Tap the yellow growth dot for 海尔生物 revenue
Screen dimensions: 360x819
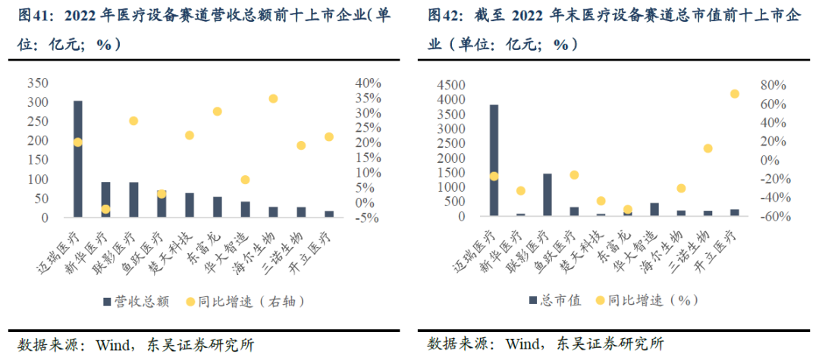pyautogui.click(x=273, y=99)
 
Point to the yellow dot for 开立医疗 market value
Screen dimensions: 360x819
pyautogui.click(x=734, y=93)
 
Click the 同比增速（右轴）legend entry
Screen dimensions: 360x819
pyautogui.click(x=243, y=301)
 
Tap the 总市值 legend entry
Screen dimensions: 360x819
pyautogui.click(x=558, y=301)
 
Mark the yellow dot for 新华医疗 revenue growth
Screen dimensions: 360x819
pyautogui.click(x=105, y=209)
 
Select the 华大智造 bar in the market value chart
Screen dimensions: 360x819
pyautogui.click(x=654, y=209)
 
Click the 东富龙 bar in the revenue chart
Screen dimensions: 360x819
pyautogui.click(x=217, y=207)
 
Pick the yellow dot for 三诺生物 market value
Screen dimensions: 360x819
pyautogui.click(x=708, y=149)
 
